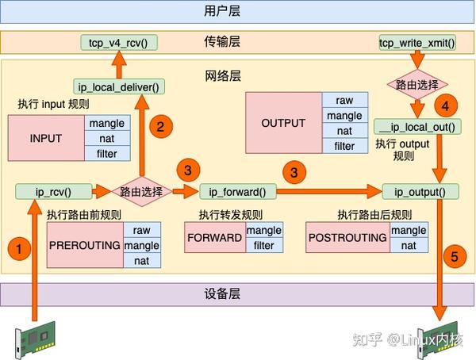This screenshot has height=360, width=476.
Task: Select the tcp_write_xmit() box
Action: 417,42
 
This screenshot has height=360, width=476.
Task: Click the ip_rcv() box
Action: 53,191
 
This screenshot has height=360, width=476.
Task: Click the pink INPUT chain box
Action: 46,138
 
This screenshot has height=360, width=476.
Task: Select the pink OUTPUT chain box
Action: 283,123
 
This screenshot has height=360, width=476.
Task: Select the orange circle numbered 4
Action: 446,105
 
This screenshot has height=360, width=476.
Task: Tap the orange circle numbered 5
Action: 455,257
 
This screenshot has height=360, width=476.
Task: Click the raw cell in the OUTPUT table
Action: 344,101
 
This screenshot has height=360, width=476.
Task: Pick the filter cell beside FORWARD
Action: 263,245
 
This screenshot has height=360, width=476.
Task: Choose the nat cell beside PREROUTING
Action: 141,260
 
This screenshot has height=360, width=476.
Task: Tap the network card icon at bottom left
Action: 33,342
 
